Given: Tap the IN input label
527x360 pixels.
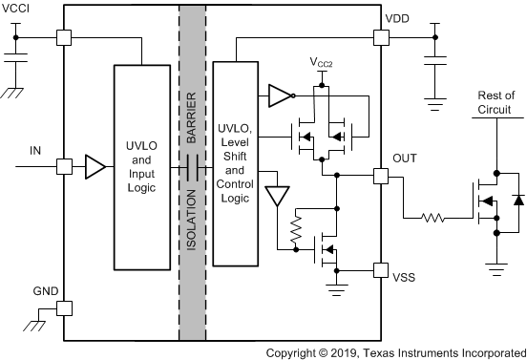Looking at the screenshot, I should point(35,151).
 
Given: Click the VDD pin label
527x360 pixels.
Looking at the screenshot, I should point(398,19).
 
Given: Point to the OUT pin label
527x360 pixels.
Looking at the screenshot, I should point(405,158).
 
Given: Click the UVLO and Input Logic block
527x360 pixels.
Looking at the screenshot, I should point(142,169).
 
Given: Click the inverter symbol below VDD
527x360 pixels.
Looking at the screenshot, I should point(279,95).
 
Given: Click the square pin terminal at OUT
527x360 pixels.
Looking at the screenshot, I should point(381,176).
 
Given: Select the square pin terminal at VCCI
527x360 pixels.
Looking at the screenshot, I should point(64,37).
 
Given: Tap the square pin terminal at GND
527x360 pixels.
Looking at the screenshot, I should point(64,308).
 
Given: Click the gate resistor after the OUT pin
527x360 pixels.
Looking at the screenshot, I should point(434,218).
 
